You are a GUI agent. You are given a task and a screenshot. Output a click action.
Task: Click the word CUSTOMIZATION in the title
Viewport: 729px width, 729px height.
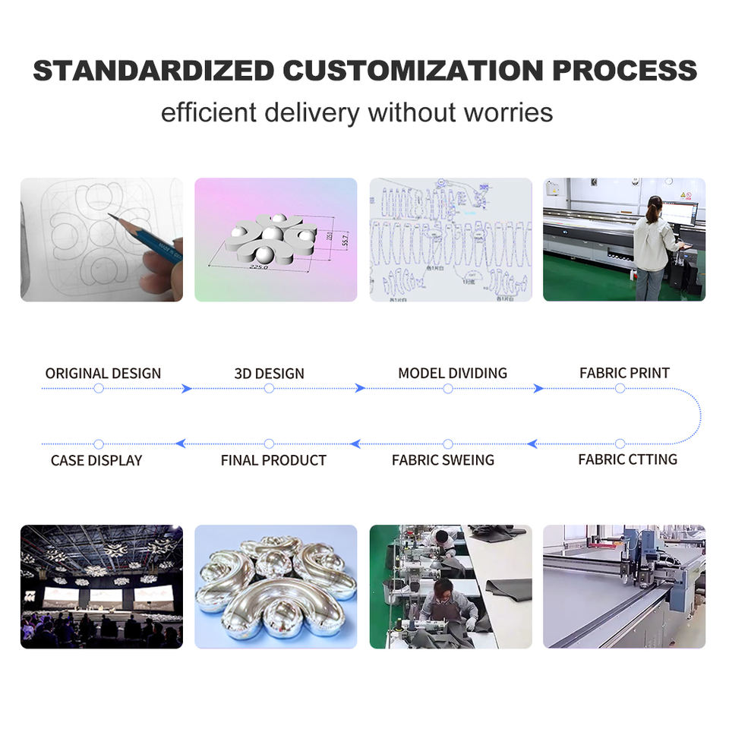(x=413, y=71)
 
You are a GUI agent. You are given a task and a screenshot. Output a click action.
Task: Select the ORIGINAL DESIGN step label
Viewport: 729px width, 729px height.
(x=103, y=374)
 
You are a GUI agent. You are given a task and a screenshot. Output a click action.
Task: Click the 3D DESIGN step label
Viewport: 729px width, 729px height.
(x=269, y=374)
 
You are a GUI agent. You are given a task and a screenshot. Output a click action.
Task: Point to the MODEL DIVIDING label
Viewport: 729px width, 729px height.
(x=453, y=374)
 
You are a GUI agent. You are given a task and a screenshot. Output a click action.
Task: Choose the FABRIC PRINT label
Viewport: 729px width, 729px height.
(x=624, y=374)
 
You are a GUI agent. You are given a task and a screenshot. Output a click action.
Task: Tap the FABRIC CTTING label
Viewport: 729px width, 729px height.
(x=627, y=459)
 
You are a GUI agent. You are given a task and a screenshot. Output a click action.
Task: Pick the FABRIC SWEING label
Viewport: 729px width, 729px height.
(x=443, y=460)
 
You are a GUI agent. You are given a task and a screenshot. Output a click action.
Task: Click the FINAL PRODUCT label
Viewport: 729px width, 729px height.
(x=273, y=460)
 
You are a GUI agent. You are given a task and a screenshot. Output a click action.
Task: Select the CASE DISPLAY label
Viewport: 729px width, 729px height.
(x=96, y=460)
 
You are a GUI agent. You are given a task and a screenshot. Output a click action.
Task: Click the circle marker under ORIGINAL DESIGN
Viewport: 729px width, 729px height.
(x=98, y=389)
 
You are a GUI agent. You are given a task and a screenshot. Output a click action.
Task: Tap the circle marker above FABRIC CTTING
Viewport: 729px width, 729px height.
(x=620, y=443)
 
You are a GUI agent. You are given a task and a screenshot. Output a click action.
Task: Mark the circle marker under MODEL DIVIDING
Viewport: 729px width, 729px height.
(x=447, y=389)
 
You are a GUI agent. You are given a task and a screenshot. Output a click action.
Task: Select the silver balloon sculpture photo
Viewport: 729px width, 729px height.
(x=276, y=586)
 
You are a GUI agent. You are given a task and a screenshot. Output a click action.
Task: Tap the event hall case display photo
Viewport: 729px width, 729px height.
(x=101, y=586)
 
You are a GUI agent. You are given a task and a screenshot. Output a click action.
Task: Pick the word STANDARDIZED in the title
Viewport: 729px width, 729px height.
(x=153, y=71)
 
